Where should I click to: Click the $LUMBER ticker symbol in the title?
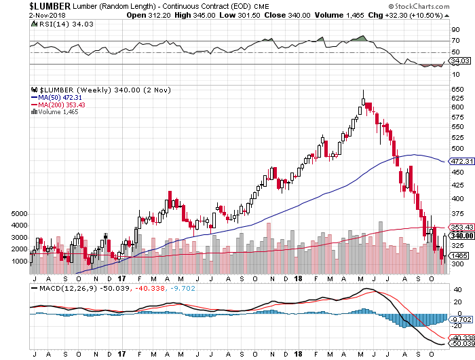[x=26, y=5]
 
